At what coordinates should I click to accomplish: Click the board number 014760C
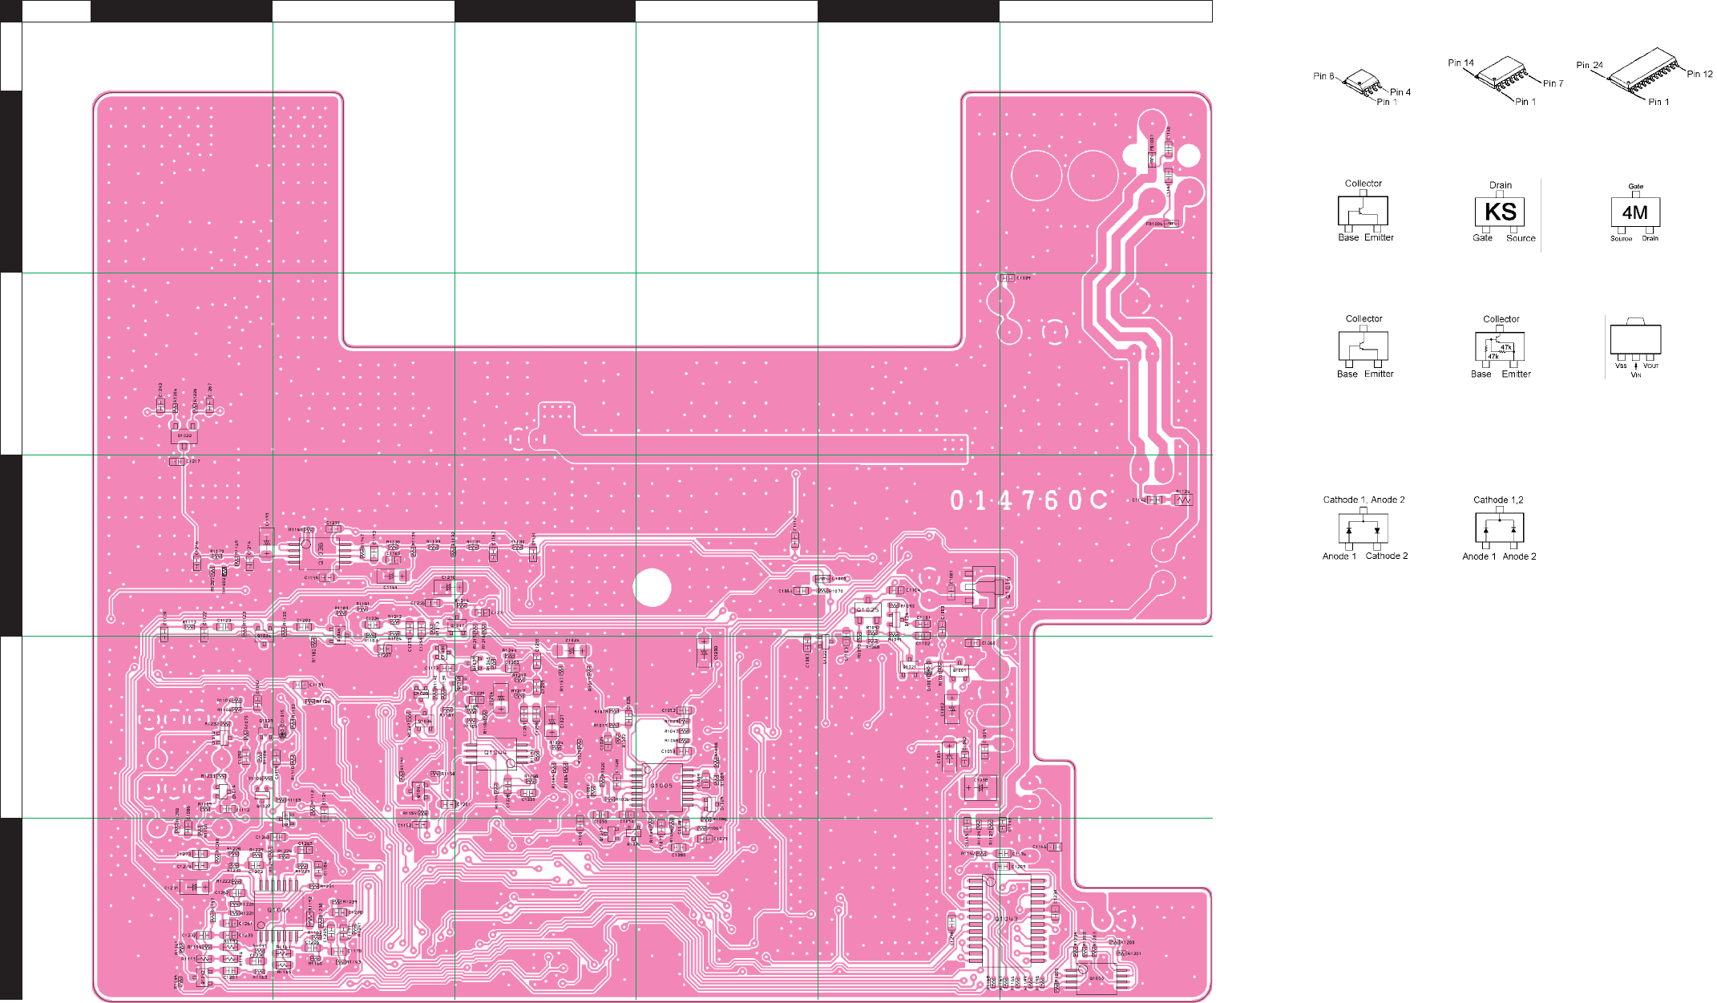coord(1028,500)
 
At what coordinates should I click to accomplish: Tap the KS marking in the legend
coord(1500,212)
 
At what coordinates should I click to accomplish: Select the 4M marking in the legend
coord(1634,212)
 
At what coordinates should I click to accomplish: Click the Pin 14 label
coord(1460,63)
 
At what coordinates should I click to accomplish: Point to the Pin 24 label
coord(1589,66)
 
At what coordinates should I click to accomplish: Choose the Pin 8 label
coord(1323,76)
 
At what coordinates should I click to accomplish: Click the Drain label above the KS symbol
coord(1501,185)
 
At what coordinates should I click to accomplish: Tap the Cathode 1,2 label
coord(1498,499)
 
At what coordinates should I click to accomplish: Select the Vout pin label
coord(1650,366)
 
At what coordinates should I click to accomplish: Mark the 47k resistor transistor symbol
coord(1500,347)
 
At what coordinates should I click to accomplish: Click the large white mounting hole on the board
coord(652,588)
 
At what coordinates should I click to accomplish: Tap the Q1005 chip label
coord(662,786)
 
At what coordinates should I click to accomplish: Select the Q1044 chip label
coord(495,753)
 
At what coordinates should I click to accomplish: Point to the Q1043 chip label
coord(1006,919)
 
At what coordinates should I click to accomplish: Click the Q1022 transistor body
coord(184,436)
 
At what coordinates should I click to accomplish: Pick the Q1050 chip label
coord(1097,978)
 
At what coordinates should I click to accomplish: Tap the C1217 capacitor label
coord(193,462)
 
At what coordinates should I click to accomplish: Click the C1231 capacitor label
coord(172,888)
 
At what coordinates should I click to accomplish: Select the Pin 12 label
coord(1699,74)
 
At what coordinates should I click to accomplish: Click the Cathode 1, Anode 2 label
coord(1363,499)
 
